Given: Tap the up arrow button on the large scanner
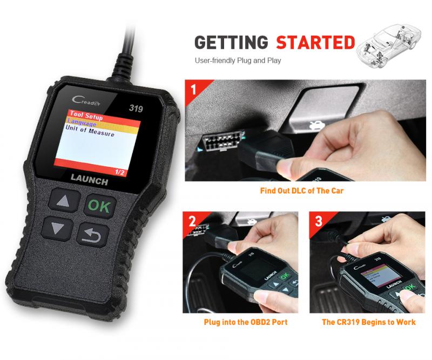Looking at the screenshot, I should (65, 203).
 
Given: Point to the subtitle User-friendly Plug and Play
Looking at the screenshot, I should (238, 61).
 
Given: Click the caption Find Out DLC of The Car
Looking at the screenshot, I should (301, 191).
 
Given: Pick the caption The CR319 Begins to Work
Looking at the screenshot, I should (369, 322).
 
